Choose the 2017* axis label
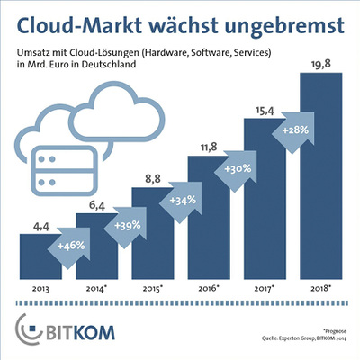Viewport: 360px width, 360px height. point(263,290)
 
